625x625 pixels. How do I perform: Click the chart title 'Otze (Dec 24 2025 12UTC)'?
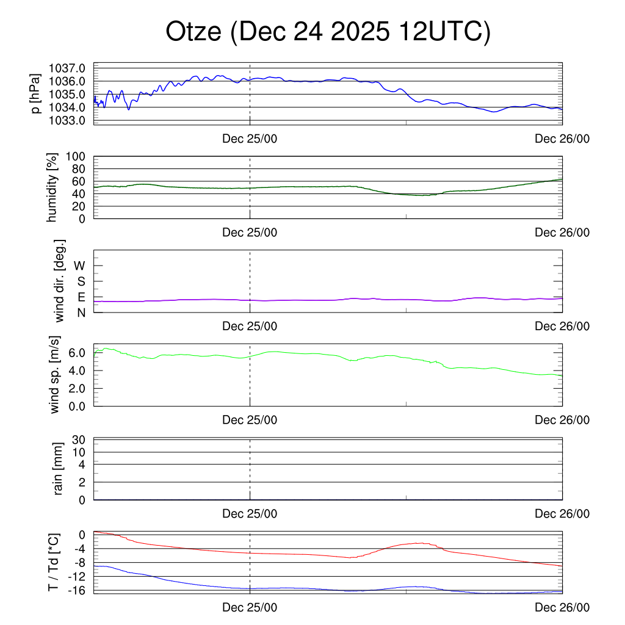click(328, 32)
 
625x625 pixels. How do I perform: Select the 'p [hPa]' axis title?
click(37, 93)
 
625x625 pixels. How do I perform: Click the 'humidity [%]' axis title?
click(53, 187)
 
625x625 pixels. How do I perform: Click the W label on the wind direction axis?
click(80, 266)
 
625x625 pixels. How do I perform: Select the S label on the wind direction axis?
click(81, 281)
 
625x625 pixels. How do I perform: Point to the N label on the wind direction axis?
click(81, 312)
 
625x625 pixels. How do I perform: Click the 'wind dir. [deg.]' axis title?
click(59, 281)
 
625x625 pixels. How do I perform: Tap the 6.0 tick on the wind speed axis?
click(78, 353)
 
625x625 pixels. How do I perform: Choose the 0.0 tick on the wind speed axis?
click(78, 406)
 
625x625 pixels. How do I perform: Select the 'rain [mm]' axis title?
click(59, 469)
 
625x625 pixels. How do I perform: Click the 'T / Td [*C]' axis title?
click(54, 562)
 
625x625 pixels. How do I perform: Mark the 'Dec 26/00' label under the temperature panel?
click(562, 607)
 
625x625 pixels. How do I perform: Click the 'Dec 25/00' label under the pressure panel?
click(250, 139)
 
